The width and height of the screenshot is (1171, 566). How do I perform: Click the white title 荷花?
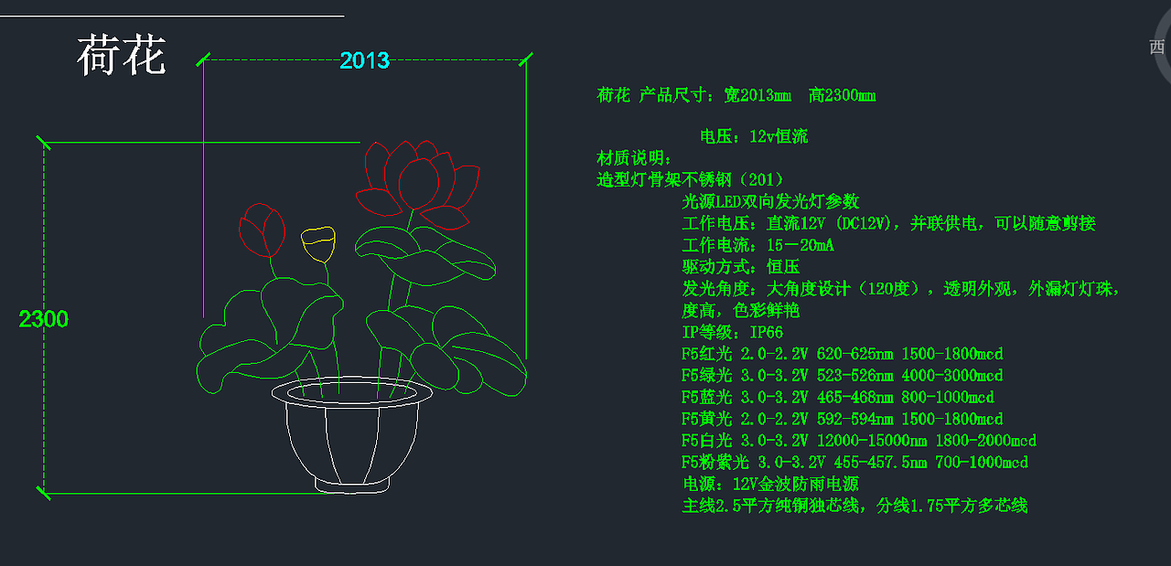[122, 57]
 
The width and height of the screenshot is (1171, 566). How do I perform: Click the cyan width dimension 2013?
[364, 60]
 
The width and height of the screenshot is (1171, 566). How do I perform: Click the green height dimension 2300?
[43, 319]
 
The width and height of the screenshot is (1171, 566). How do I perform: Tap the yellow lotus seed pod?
[318, 243]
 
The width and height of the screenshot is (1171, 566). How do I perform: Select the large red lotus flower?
[416, 178]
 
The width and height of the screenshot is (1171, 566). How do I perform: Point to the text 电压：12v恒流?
[754, 137]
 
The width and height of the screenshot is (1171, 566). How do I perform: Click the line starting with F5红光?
[842, 354]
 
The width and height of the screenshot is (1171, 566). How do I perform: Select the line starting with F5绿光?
[842, 376]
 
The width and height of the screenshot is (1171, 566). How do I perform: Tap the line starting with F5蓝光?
[837, 398]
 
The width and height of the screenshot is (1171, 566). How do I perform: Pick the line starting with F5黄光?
[842, 420]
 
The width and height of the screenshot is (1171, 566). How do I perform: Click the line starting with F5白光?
[858, 441]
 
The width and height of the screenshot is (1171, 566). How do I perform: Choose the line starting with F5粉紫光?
[854, 463]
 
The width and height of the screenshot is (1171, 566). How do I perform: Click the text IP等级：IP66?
[732, 333]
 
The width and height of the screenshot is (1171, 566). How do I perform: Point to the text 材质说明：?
[635, 158]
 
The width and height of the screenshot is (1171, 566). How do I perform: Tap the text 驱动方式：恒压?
[740, 267]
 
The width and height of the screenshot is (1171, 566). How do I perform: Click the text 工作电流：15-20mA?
[757, 245]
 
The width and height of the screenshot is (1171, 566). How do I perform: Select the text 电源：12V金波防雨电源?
[769, 484]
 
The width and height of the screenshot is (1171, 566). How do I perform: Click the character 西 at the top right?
[1157, 48]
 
